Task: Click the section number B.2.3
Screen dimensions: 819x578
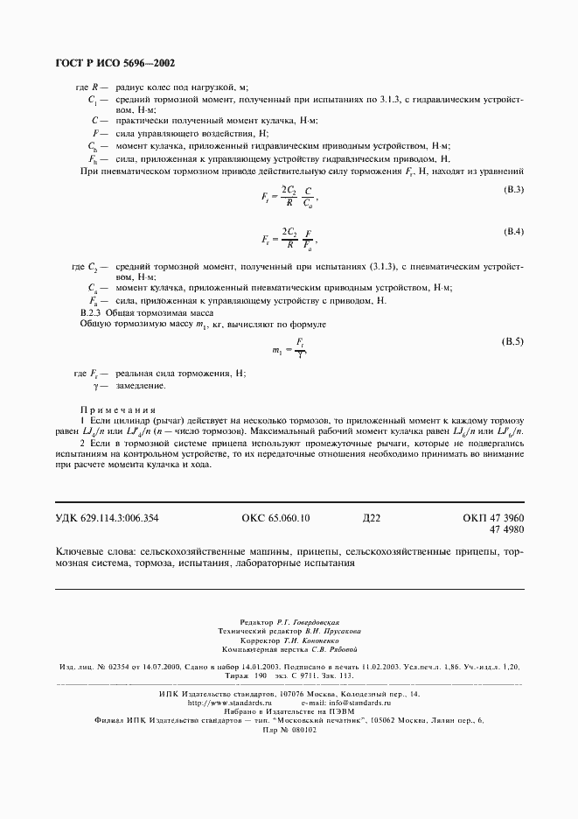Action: pos(92,312)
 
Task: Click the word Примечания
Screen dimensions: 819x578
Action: pos(117,409)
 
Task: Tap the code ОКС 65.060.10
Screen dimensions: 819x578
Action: pos(275,519)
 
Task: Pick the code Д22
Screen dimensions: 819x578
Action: pos(372,519)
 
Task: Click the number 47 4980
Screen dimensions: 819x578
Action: pos(506,529)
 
